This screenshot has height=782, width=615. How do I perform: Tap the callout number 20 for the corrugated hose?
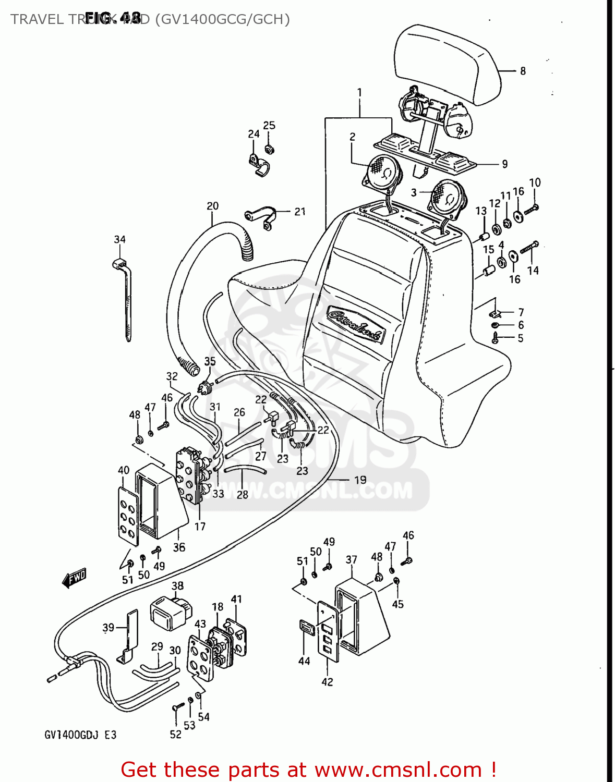click(212, 206)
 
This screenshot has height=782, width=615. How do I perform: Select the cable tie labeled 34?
click(125, 297)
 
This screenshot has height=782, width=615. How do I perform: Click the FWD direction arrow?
click(74, 577)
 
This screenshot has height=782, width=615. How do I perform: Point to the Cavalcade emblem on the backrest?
click(356, 324)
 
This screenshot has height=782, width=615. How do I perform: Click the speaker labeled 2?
click(382, 172)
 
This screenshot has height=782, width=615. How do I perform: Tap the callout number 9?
click(504, 164)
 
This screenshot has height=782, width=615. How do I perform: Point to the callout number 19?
click(360, 480)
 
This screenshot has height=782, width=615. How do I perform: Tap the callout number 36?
click(179, 547)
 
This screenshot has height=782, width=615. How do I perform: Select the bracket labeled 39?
click(128, 636)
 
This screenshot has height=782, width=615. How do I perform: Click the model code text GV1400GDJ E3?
click(80, 735)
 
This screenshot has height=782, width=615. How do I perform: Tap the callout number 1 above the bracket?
click(359, 93)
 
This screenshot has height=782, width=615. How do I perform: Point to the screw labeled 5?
click(495, 339)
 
